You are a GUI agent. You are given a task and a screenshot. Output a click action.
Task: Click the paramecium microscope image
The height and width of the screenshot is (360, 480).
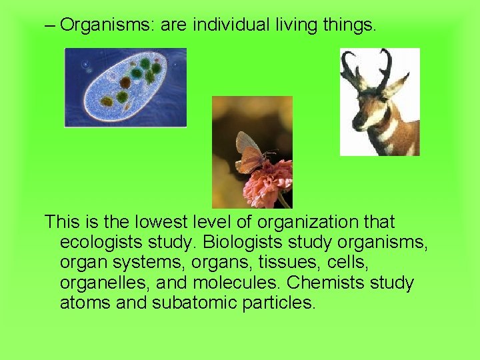(125, 87)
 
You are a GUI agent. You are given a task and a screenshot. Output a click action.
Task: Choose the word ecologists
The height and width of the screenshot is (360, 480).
(103, 242)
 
